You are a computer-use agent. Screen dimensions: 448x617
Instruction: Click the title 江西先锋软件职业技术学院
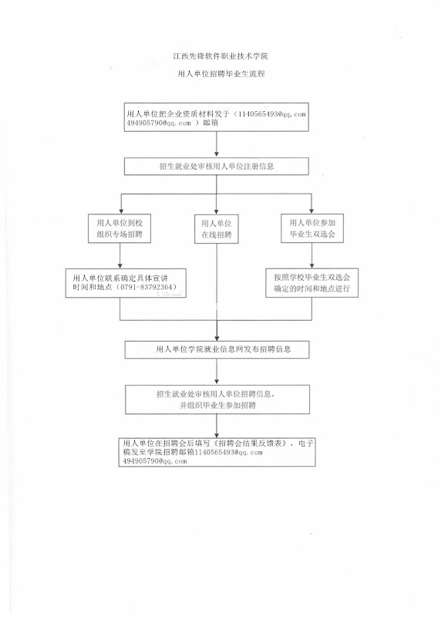point(221,56)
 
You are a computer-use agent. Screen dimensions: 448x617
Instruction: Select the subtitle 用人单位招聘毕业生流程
point(221,73)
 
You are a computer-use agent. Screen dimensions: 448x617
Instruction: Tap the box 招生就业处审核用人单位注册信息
point(217,167)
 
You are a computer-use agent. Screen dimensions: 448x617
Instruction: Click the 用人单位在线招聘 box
point(217,229)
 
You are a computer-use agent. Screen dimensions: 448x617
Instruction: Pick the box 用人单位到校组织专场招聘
point(120,228)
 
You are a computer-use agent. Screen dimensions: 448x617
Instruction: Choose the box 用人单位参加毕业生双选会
point(312,228)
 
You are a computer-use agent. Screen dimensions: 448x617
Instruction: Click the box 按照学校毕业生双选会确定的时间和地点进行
point(312,283)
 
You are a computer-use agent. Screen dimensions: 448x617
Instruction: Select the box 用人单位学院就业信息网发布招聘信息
point(217,349)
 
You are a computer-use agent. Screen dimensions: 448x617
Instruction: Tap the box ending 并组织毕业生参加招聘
point(217,400)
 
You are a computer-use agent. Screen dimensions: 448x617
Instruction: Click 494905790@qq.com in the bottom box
point(155,461)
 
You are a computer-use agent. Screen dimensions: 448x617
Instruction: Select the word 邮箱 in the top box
point(211,123)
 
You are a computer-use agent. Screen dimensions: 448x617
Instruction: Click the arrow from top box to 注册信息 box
point(217,144)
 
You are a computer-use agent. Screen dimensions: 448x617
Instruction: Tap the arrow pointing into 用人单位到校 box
point(121,204)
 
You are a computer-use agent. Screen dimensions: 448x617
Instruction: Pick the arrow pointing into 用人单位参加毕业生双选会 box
point(312,204)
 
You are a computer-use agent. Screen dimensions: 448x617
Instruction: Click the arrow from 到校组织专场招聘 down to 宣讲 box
point(120,255)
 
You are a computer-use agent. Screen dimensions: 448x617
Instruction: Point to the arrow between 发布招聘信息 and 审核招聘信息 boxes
point(217,372)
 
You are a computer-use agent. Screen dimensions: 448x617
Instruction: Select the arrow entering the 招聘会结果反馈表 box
point(217,426)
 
